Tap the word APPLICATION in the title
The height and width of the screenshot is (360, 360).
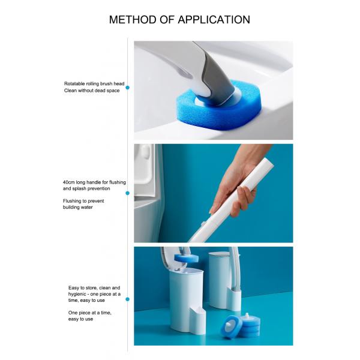214,20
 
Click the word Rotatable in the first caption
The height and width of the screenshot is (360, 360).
74,83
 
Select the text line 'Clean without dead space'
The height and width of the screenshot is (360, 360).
92,91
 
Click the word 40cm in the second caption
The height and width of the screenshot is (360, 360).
69,182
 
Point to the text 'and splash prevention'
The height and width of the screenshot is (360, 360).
86,188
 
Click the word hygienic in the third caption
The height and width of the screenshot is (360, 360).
77,294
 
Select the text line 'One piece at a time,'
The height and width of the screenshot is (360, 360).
90,313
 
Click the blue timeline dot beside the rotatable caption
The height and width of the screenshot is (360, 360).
128,88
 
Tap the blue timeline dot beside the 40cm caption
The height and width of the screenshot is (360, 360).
128,193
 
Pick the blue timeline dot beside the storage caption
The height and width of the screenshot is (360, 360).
128,299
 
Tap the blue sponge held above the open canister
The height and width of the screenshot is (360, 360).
186,257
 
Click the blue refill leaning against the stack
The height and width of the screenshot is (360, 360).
232,326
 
